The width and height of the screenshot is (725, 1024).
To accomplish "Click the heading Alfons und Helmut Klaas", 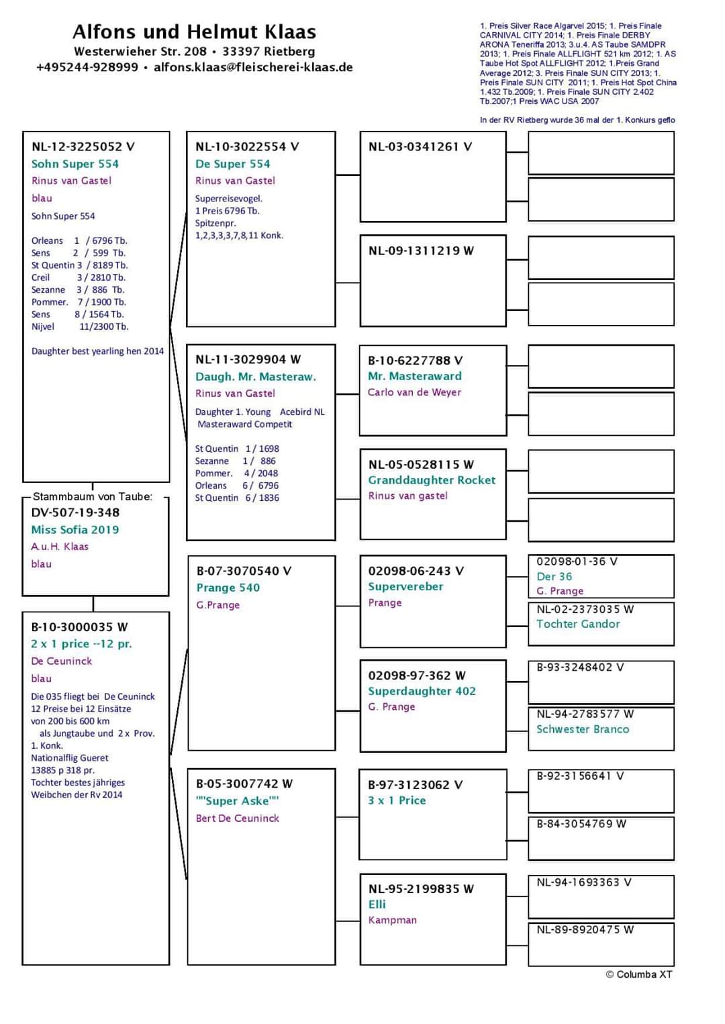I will click(194, 32).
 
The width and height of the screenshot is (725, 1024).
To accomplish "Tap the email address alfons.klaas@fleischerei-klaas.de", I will click(253, 67).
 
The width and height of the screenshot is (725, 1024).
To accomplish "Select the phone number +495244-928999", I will click(87, 67).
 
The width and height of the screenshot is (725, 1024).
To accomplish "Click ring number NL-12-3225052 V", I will click(83, 146).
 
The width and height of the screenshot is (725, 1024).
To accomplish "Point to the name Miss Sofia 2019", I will click(75, 530).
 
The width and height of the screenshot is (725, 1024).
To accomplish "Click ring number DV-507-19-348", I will click(75, 512).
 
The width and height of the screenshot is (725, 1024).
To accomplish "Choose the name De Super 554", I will click(233, 164).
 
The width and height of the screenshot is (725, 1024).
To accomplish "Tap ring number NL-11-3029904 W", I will click(248, 359).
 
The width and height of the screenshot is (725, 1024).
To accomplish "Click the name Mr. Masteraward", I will click(415, 376).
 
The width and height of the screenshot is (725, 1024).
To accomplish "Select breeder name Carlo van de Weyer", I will click(414, 392).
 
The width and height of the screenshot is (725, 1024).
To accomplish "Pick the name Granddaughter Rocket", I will click(432, 480).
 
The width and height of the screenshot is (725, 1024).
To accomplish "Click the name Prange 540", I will click(228, 588).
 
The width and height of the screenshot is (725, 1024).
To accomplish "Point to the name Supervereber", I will click(405, 586).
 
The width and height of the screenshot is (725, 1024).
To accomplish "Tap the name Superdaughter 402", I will click(422, 691).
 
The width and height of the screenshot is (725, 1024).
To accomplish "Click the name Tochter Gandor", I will click(578, 624).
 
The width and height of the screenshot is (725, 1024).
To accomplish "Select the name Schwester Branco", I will click(583, 729).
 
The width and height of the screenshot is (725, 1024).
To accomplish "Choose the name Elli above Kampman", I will click(377, 904).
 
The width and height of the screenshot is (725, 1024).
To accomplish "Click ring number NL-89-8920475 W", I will click(585, 930).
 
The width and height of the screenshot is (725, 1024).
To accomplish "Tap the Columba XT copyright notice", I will click(638, 974).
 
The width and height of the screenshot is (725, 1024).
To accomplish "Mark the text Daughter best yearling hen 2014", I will click(97, 351).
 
